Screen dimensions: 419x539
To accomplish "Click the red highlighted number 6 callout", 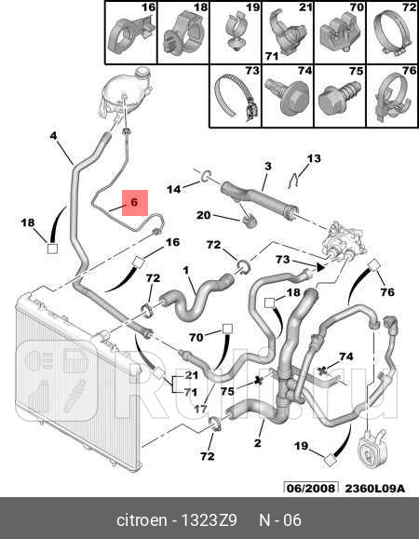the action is (x=135, y=203).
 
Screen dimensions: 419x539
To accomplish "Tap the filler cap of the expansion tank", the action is (x=142, y=73).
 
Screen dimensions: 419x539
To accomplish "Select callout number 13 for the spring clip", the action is (x=314, y=158).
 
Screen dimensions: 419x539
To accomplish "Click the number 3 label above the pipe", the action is (x=268, y=167).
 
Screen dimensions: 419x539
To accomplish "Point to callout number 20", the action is (x=204, y=216).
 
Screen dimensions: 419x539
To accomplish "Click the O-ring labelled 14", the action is (x=206, y=175).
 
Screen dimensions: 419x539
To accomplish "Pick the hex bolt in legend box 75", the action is (x=340, y=98).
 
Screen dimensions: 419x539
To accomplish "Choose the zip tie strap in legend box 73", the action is (x=236, y=97).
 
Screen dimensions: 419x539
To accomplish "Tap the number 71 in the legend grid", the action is (x=272, y=56).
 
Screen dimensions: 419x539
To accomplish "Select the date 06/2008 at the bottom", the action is (x=310, y=488).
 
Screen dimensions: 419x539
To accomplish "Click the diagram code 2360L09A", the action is (x=374, y=488).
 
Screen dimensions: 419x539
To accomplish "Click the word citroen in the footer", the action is (x=142, y=520).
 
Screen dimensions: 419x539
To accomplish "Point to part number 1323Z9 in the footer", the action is (x=209, y=520).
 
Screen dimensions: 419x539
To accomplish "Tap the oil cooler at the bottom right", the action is (x=371, y=450).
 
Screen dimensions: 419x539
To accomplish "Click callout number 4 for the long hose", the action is (x=53, y=136).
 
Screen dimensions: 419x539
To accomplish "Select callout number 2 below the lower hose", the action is (x=258, y=443).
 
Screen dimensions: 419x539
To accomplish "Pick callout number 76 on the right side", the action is (x=387, y=292).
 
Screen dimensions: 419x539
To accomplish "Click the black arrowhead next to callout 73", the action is (x=320, y=267).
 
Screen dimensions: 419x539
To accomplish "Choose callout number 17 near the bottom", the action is (x=201, y=409).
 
